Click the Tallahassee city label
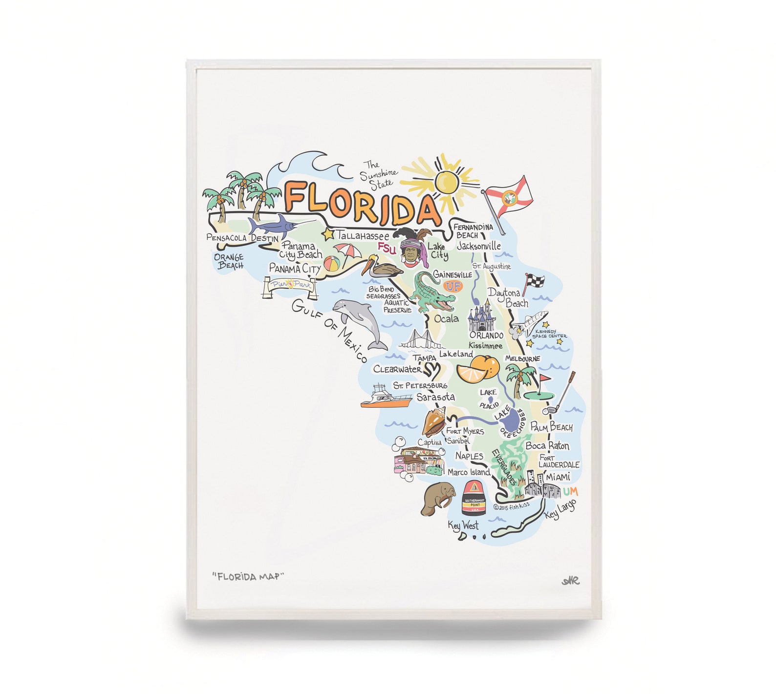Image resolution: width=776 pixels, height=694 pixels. [x=363, y=235]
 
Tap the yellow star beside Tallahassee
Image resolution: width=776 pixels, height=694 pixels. [x=328, y=234]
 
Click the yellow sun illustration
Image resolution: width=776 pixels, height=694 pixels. [x=446, y=181]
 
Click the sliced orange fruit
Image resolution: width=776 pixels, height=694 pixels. [x=477, y=368]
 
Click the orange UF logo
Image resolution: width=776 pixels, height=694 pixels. [x=453, y=286]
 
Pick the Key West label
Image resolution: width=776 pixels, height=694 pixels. [x=463, y=526]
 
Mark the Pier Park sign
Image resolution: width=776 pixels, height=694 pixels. [x=290, y=286]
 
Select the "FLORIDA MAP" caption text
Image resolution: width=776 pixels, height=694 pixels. [x=248, y=576]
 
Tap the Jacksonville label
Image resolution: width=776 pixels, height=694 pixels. [x=479, y=246]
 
